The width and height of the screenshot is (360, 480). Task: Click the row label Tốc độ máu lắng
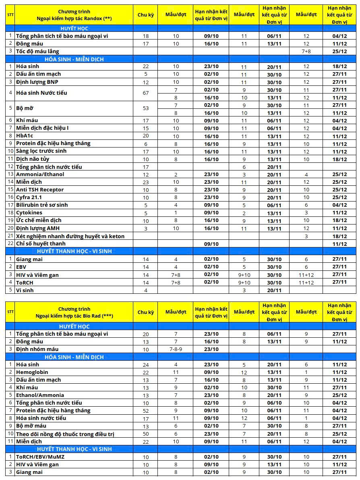(x=37, y=51)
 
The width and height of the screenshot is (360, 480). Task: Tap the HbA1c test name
(x=25, y=136)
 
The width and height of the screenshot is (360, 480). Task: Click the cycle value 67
(x=146, y=93)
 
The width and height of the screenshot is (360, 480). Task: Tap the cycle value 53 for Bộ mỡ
(x=146, y=109)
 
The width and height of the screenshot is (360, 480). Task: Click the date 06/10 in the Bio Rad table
(x=274, y=403)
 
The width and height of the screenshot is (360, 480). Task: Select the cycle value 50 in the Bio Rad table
(x=146, y=434)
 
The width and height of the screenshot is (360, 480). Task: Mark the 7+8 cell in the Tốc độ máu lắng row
(x=306, y=51)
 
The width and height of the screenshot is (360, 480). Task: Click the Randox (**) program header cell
(x=74, y=15)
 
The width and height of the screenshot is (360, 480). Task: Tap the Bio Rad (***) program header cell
(x=74, y=312)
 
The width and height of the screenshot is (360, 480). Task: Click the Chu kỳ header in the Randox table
(x=146, y=15)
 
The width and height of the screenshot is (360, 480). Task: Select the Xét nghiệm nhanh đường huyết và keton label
(x=70, y=236)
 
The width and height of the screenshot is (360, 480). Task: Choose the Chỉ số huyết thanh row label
(x=41, y=243)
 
